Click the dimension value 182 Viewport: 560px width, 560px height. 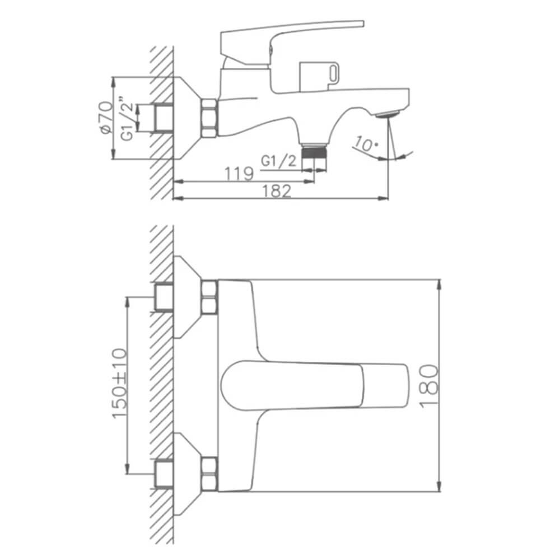(x=277, y=191)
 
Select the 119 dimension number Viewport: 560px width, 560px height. (x=239, y=174)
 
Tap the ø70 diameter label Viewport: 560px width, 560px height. (x=106, y=118)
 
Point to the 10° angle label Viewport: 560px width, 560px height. (x=365, y=144)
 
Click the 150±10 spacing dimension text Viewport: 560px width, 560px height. (x=120, y=383)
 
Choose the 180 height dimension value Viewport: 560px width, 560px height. (x=428, y=386)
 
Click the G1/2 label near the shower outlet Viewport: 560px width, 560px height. (x=278, y=161)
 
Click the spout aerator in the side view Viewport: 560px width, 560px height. (x=388, y=114)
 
